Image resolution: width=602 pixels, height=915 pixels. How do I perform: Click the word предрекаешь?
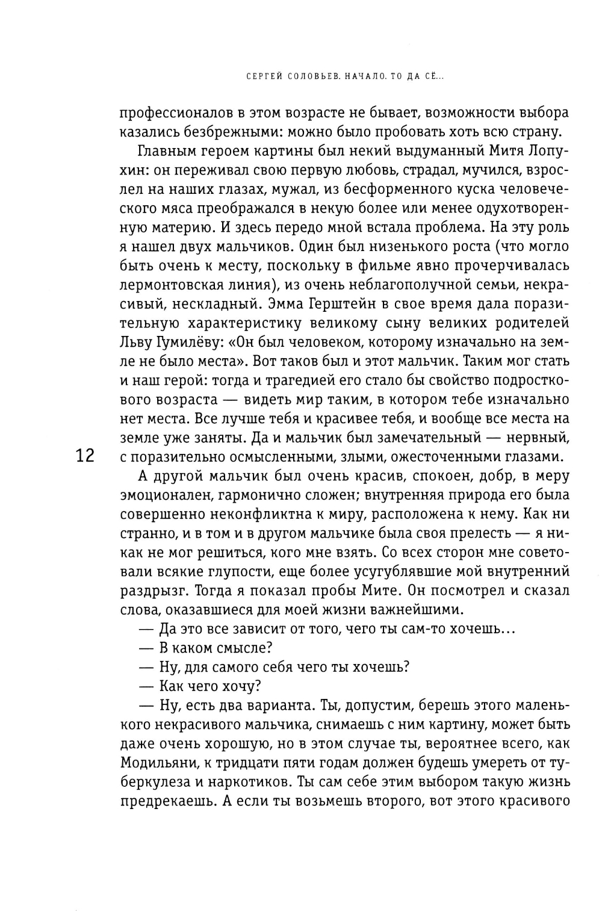click(x=167, y=801)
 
